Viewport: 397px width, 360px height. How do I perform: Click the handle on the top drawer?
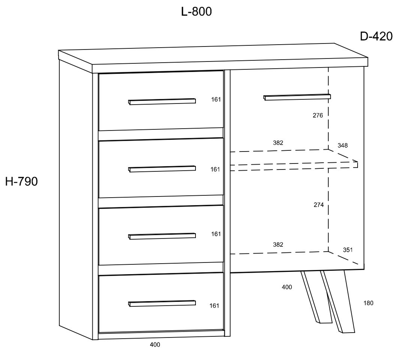point(162,102)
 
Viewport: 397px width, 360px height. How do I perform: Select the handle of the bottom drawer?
point(162,303)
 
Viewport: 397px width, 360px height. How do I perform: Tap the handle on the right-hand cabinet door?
point(297,97)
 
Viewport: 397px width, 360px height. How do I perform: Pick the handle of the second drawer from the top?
point(162,169)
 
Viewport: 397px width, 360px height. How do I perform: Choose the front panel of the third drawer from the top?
point(161,235)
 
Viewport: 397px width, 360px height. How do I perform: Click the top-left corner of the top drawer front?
point(98,73)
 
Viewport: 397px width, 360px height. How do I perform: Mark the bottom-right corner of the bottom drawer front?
point(224,330)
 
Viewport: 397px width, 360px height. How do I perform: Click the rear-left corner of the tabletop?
point(59,50)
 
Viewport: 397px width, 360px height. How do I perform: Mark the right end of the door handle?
point(331,96)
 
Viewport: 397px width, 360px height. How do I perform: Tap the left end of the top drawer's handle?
point(129,102)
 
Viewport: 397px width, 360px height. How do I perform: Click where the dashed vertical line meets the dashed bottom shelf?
point(328,252)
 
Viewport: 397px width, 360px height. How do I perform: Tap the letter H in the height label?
point(9,181)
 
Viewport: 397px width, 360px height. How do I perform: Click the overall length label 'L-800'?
point(197,12)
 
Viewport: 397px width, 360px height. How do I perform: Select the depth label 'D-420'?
point(376,37)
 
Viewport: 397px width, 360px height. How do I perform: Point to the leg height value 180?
point(368,303)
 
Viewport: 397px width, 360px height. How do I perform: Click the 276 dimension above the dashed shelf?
point(318,115)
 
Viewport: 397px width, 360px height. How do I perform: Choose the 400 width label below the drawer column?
point(155,345)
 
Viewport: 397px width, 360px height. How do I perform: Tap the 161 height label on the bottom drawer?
point(214,306)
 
